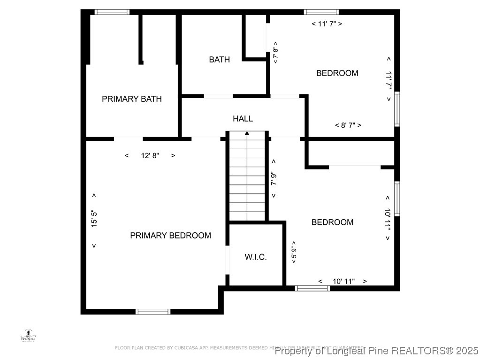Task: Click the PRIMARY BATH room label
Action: click(x=132, y=99)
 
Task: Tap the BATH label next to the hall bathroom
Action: click(x=219, y=60)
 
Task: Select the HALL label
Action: click(x=243, y=119)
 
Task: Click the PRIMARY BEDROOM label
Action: click(x=170, y=236)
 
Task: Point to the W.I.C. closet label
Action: click(x=256, y=257)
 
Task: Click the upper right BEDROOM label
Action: click(x=337, y=73)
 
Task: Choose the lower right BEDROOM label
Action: click(x=332, y=222)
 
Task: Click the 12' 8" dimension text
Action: click(x=150, y=156)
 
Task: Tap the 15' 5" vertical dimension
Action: click(x=94, y=219)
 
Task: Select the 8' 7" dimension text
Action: click(x=348, y=125)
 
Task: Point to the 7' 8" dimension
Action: click(x=275, y=52)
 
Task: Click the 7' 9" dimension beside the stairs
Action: click(x=274, y=178)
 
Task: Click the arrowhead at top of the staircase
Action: click(x=247, y=133)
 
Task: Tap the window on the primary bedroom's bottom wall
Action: click(x=153, y=311)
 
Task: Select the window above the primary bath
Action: click(x=112, y=12)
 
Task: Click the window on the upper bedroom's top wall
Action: click(x=321, y=12)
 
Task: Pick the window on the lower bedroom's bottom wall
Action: click(x=312, y=288)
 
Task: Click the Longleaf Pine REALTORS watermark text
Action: click(x=376, y=351)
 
